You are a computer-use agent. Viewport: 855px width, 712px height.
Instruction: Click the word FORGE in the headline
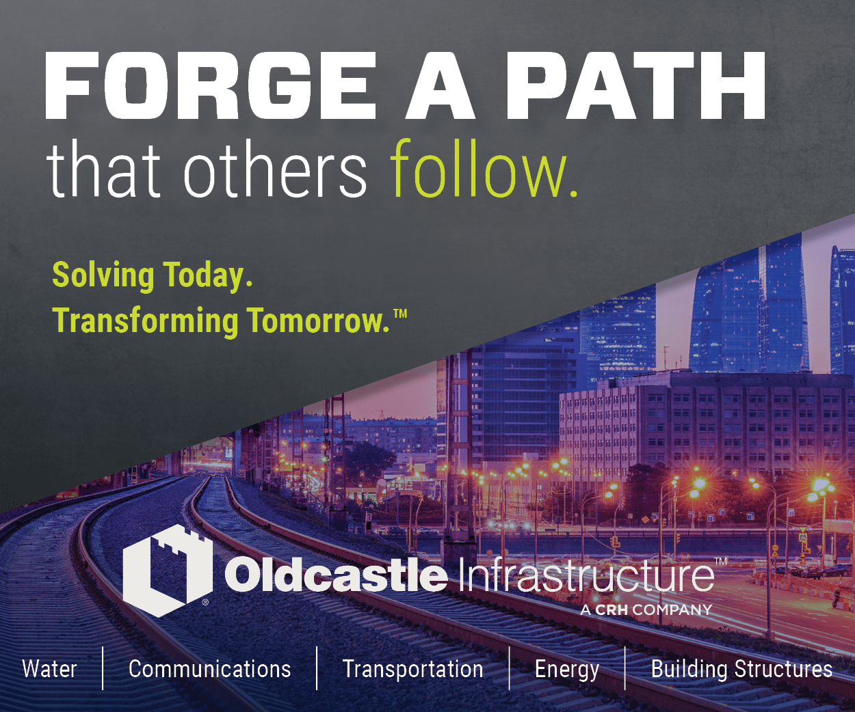211,85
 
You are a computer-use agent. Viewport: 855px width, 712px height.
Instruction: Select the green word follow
484,168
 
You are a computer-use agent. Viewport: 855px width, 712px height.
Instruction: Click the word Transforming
146,322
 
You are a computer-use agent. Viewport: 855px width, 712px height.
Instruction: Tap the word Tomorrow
319,321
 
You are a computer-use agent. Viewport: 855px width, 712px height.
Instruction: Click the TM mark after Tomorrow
400,314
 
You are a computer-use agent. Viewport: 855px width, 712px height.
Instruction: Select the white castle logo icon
167,571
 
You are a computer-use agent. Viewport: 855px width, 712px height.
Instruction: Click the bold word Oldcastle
335,573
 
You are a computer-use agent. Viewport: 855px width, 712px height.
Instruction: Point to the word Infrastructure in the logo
586,573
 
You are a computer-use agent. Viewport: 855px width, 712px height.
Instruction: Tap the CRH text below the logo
611,610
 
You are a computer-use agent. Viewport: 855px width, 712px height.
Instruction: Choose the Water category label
49,669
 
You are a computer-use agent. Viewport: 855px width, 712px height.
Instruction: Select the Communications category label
210,669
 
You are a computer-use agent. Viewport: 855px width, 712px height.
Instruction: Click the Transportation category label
412,670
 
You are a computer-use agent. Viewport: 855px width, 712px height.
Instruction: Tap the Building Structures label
741,670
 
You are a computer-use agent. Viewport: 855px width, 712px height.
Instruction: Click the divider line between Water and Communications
103,668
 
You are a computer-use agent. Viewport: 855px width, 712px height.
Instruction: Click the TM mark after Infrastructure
721,562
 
